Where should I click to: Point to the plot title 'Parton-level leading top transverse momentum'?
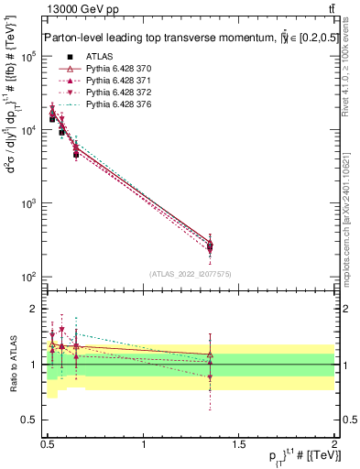[151, 38]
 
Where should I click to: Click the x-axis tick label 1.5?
[239, 442]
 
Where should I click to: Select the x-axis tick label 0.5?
[48, 442]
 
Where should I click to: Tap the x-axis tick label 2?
[334, 442]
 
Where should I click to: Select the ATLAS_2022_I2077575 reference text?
[189, 274]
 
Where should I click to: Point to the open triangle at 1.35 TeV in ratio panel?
[211, 353]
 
